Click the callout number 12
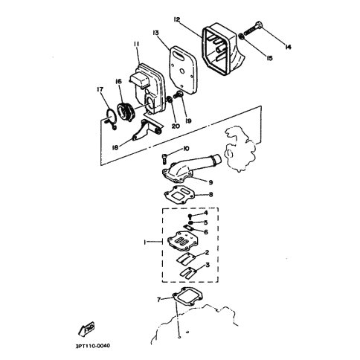pyautogui.click(x=177, y=19)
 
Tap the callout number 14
pyautogui.click(x=288, y=47)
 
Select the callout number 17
pyautogui.click(x=100, y=89)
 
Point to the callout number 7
pyautogui.click(x=159, y=300)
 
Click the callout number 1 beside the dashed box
pyautogui.click(x=145, y=242)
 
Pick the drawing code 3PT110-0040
pyautogui.click(x=93, y=346)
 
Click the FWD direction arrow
pyautogui.click(x=86, y=330)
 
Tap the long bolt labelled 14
pyautogui.click(x=254, y=28)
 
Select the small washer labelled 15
pyautogui.click(x=241, y=36)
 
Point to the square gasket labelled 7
pyautogui.click(x=188, y=297)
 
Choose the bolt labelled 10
pyautogui.click(x=165, y=158)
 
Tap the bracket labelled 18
pyautogui.click(x=147, y=130)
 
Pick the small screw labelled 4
pyautogui.click(x=191, y=216)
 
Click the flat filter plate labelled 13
pyautogui.click(x=184, y=70)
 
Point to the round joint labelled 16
pyautogui.click(x=126, y=113)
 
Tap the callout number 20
pyautogui.click(x=176, y=126)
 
